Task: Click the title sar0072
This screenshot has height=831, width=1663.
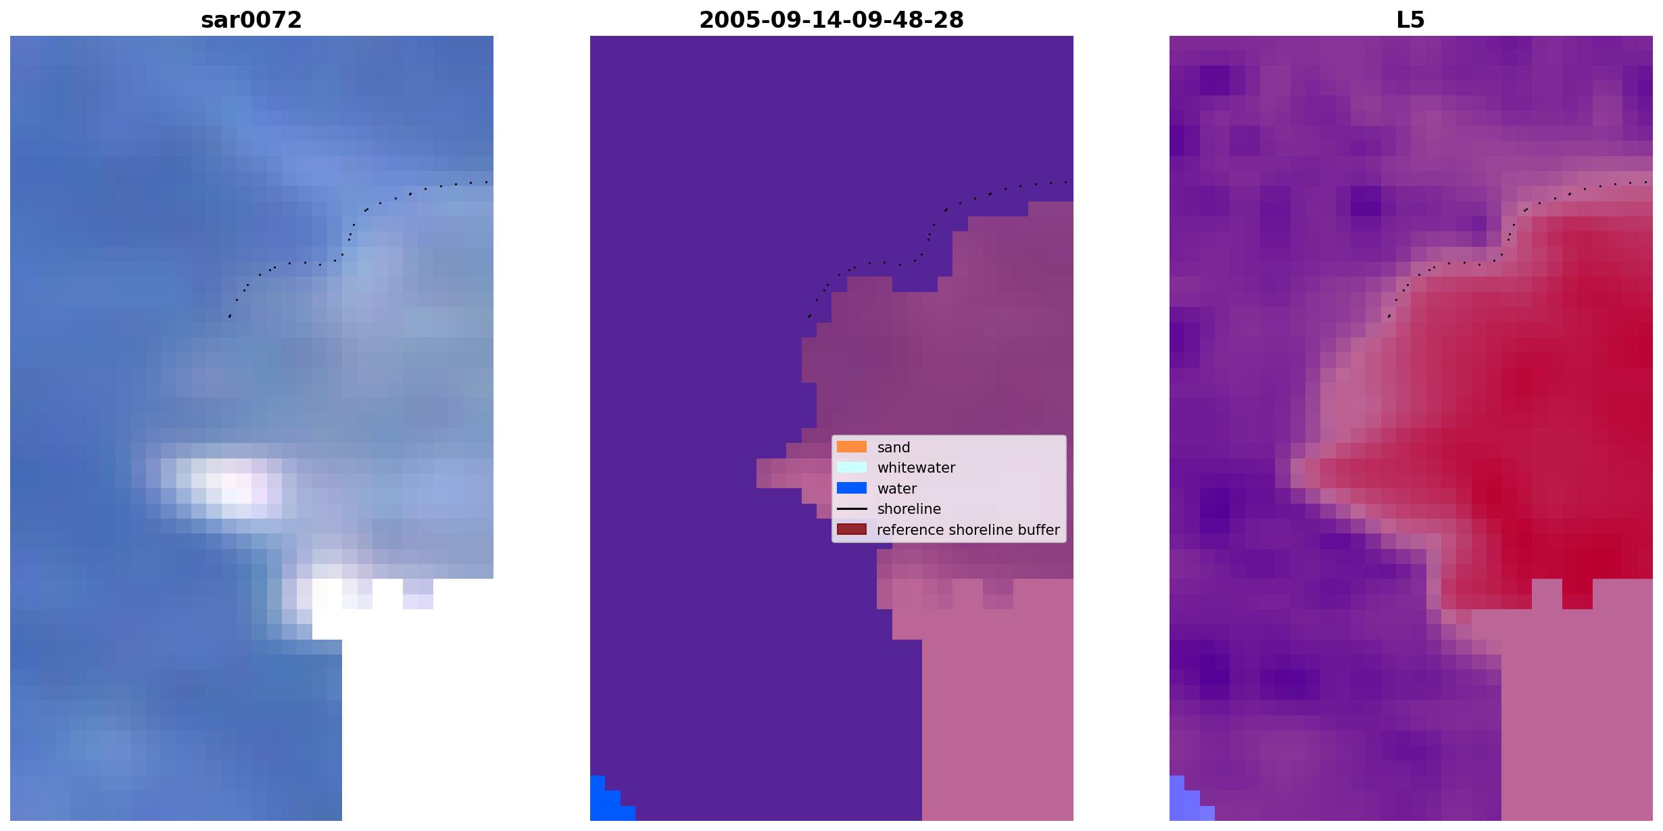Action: click(251, 20)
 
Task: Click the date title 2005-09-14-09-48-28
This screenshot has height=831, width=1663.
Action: click(831, 20)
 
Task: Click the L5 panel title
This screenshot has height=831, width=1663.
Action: click(1411, 20)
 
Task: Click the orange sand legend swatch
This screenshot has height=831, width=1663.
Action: click(852, 447)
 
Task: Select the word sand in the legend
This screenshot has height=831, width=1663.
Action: click(894, 448)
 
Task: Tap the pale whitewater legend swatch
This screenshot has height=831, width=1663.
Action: click(852, 467)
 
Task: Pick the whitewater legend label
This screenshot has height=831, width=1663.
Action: click(916, 468)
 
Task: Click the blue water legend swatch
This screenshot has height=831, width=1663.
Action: click(852, 488)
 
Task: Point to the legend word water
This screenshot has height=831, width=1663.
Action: click(897, 489)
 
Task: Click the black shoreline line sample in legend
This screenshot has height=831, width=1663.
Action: click(852, 508)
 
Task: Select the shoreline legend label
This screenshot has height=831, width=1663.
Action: click(909, 509)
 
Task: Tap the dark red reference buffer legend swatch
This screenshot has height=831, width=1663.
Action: click(852, 529)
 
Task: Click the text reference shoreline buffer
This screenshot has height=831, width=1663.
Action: click(968, 530)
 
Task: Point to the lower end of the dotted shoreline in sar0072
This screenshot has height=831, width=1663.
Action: click(230, 316)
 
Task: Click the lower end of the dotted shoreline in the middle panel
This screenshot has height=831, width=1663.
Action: click(809, 316)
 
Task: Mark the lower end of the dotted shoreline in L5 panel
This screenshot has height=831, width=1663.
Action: click(1389, 316)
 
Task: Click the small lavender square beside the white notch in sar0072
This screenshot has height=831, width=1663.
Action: click(418, 594)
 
